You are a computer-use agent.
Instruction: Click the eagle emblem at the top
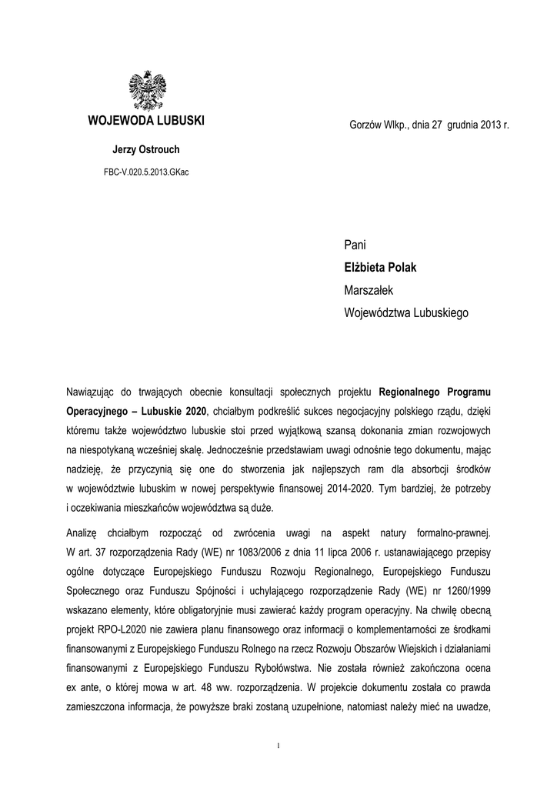tap(145, 91)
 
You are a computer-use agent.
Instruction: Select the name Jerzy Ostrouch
tap(145, 149)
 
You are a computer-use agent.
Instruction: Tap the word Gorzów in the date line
tap(365, 125)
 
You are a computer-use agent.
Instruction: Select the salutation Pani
tap(355, 245)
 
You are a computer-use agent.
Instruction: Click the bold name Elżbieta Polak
tap(385, 268)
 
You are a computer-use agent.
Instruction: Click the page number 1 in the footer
tap(278, 745)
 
